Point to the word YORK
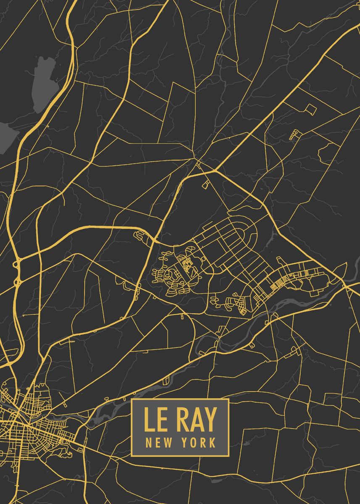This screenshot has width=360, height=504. pos(199,442)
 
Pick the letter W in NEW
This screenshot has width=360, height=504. pos(165,442)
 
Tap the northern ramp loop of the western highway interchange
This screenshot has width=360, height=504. pos(18,264)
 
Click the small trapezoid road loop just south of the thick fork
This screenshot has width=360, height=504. pos(206,184)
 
